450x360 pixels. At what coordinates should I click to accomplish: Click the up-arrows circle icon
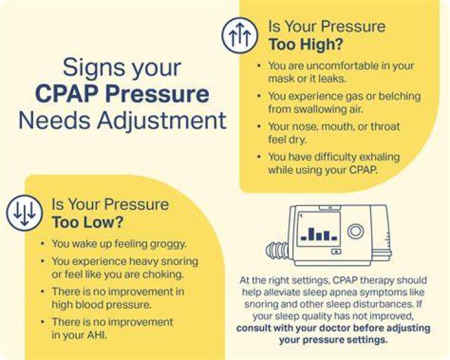pos(240,35)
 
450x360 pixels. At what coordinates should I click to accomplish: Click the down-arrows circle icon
pos(24,212)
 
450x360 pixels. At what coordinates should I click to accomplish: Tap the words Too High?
pos(306,44)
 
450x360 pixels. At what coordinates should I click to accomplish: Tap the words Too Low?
pos(87,222)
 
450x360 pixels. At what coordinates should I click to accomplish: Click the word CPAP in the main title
pos(67,94)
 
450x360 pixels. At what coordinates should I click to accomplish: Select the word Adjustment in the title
pos(162,121)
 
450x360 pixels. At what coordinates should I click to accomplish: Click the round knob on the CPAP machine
pos(356,231)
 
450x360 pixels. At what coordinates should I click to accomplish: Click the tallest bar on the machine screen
pos(311,234)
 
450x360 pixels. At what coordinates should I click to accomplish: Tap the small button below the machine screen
pos(336,251)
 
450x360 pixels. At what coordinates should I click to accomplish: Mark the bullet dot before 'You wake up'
pos(42,244)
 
